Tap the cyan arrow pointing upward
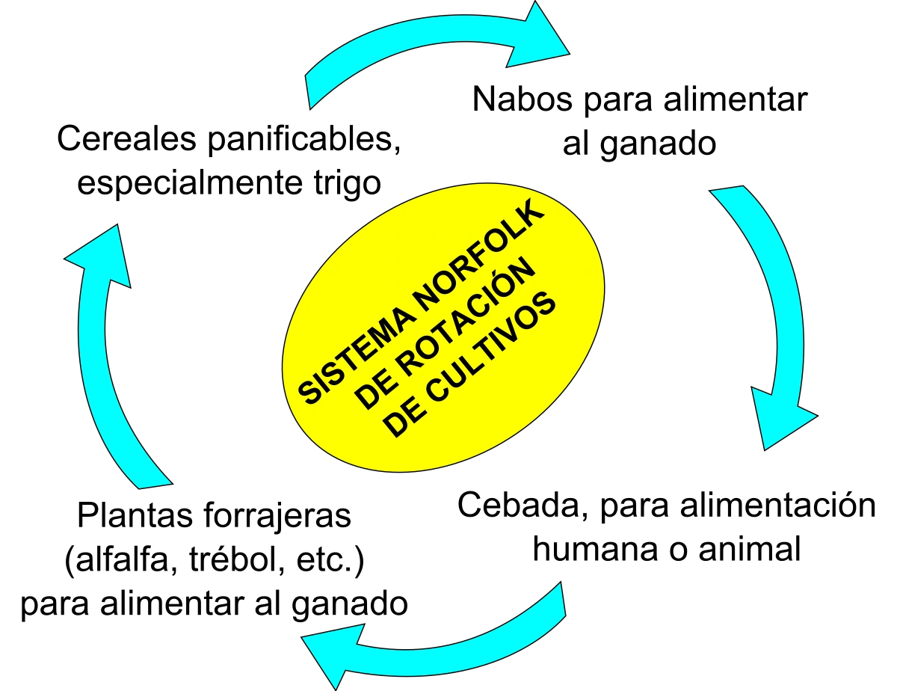coord(105,359)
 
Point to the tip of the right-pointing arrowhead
coord(568,52)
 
